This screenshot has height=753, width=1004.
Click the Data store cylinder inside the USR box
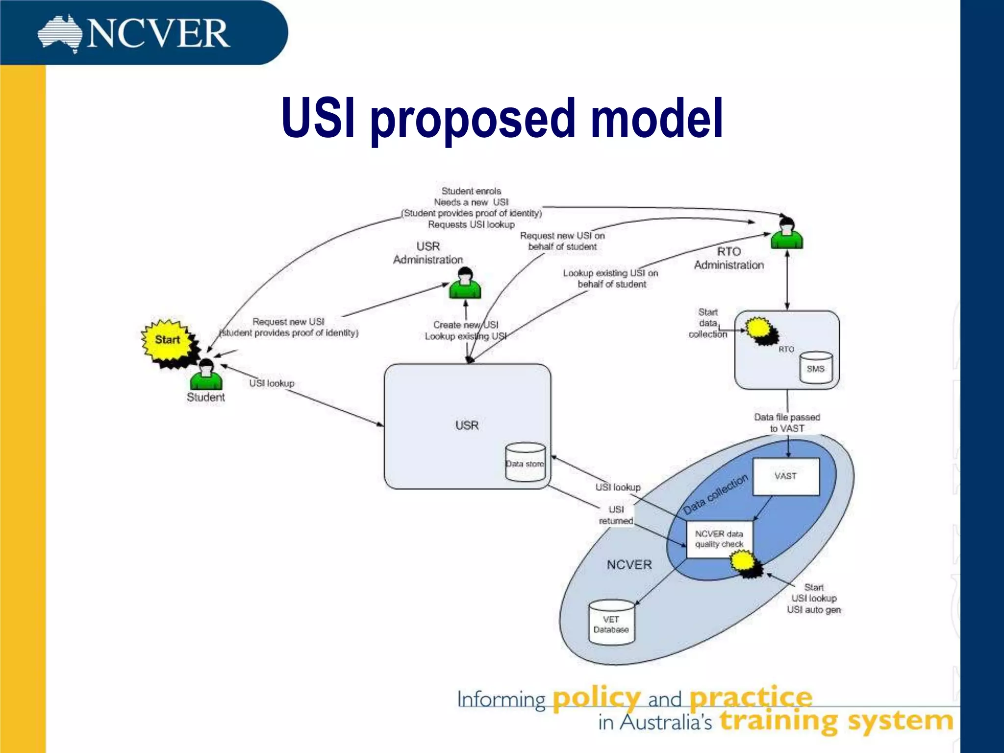coord(526,462)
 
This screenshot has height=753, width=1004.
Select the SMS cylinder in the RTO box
coord(816,368)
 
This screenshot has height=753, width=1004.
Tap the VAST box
coord(786,476)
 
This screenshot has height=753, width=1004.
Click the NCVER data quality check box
coord(719,539)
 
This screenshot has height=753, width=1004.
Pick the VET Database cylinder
coord(611,623)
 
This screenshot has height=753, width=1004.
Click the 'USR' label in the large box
coord(467,425)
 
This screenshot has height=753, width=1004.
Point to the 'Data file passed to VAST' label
coord(787,423)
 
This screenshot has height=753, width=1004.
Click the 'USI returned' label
coord(616,515)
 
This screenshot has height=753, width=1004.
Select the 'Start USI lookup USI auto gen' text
coord(814,599)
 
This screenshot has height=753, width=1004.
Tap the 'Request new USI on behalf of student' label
coord(562,241)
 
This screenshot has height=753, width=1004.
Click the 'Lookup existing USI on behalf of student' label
coord(611,278)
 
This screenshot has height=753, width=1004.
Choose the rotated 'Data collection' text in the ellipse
coord(715,494)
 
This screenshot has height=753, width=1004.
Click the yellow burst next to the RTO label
coord(760,330)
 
